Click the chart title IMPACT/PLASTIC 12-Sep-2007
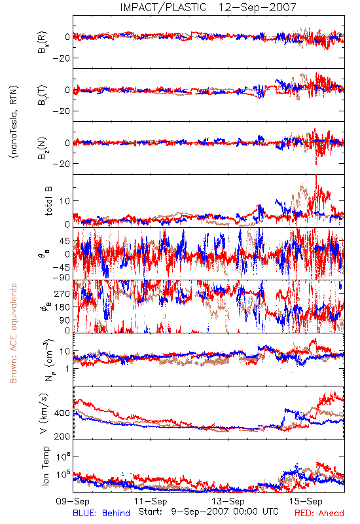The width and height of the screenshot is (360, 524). pos(208,7)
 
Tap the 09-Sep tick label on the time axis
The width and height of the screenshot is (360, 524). pos(73,501)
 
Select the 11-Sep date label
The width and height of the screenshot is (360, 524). pos(151,501)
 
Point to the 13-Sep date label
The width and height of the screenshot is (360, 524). pos(228,501)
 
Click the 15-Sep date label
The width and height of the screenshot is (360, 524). pos(306,501)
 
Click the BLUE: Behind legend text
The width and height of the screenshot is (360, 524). pos(101,513)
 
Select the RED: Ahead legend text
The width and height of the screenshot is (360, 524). pos(319,513)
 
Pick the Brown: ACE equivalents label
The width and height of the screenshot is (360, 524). pos(13,333)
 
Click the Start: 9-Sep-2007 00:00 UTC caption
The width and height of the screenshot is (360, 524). pos(208,512)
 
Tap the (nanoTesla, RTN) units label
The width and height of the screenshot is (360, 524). pos(14,122)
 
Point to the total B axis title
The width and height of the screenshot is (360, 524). pos(48,201)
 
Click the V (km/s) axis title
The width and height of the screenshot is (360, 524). pos(44,413)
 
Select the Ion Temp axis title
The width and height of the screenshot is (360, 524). pos(45,466)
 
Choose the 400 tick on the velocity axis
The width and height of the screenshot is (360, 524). pos(62,413)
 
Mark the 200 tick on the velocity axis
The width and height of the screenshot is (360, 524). pos(62,436)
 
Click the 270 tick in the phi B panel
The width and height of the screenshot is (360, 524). pos(62,293)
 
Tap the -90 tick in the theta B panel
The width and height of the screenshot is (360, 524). pos(62,277)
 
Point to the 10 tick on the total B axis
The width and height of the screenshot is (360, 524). pos(65,201)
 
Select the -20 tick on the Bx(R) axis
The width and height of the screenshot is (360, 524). pos(62,58)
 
